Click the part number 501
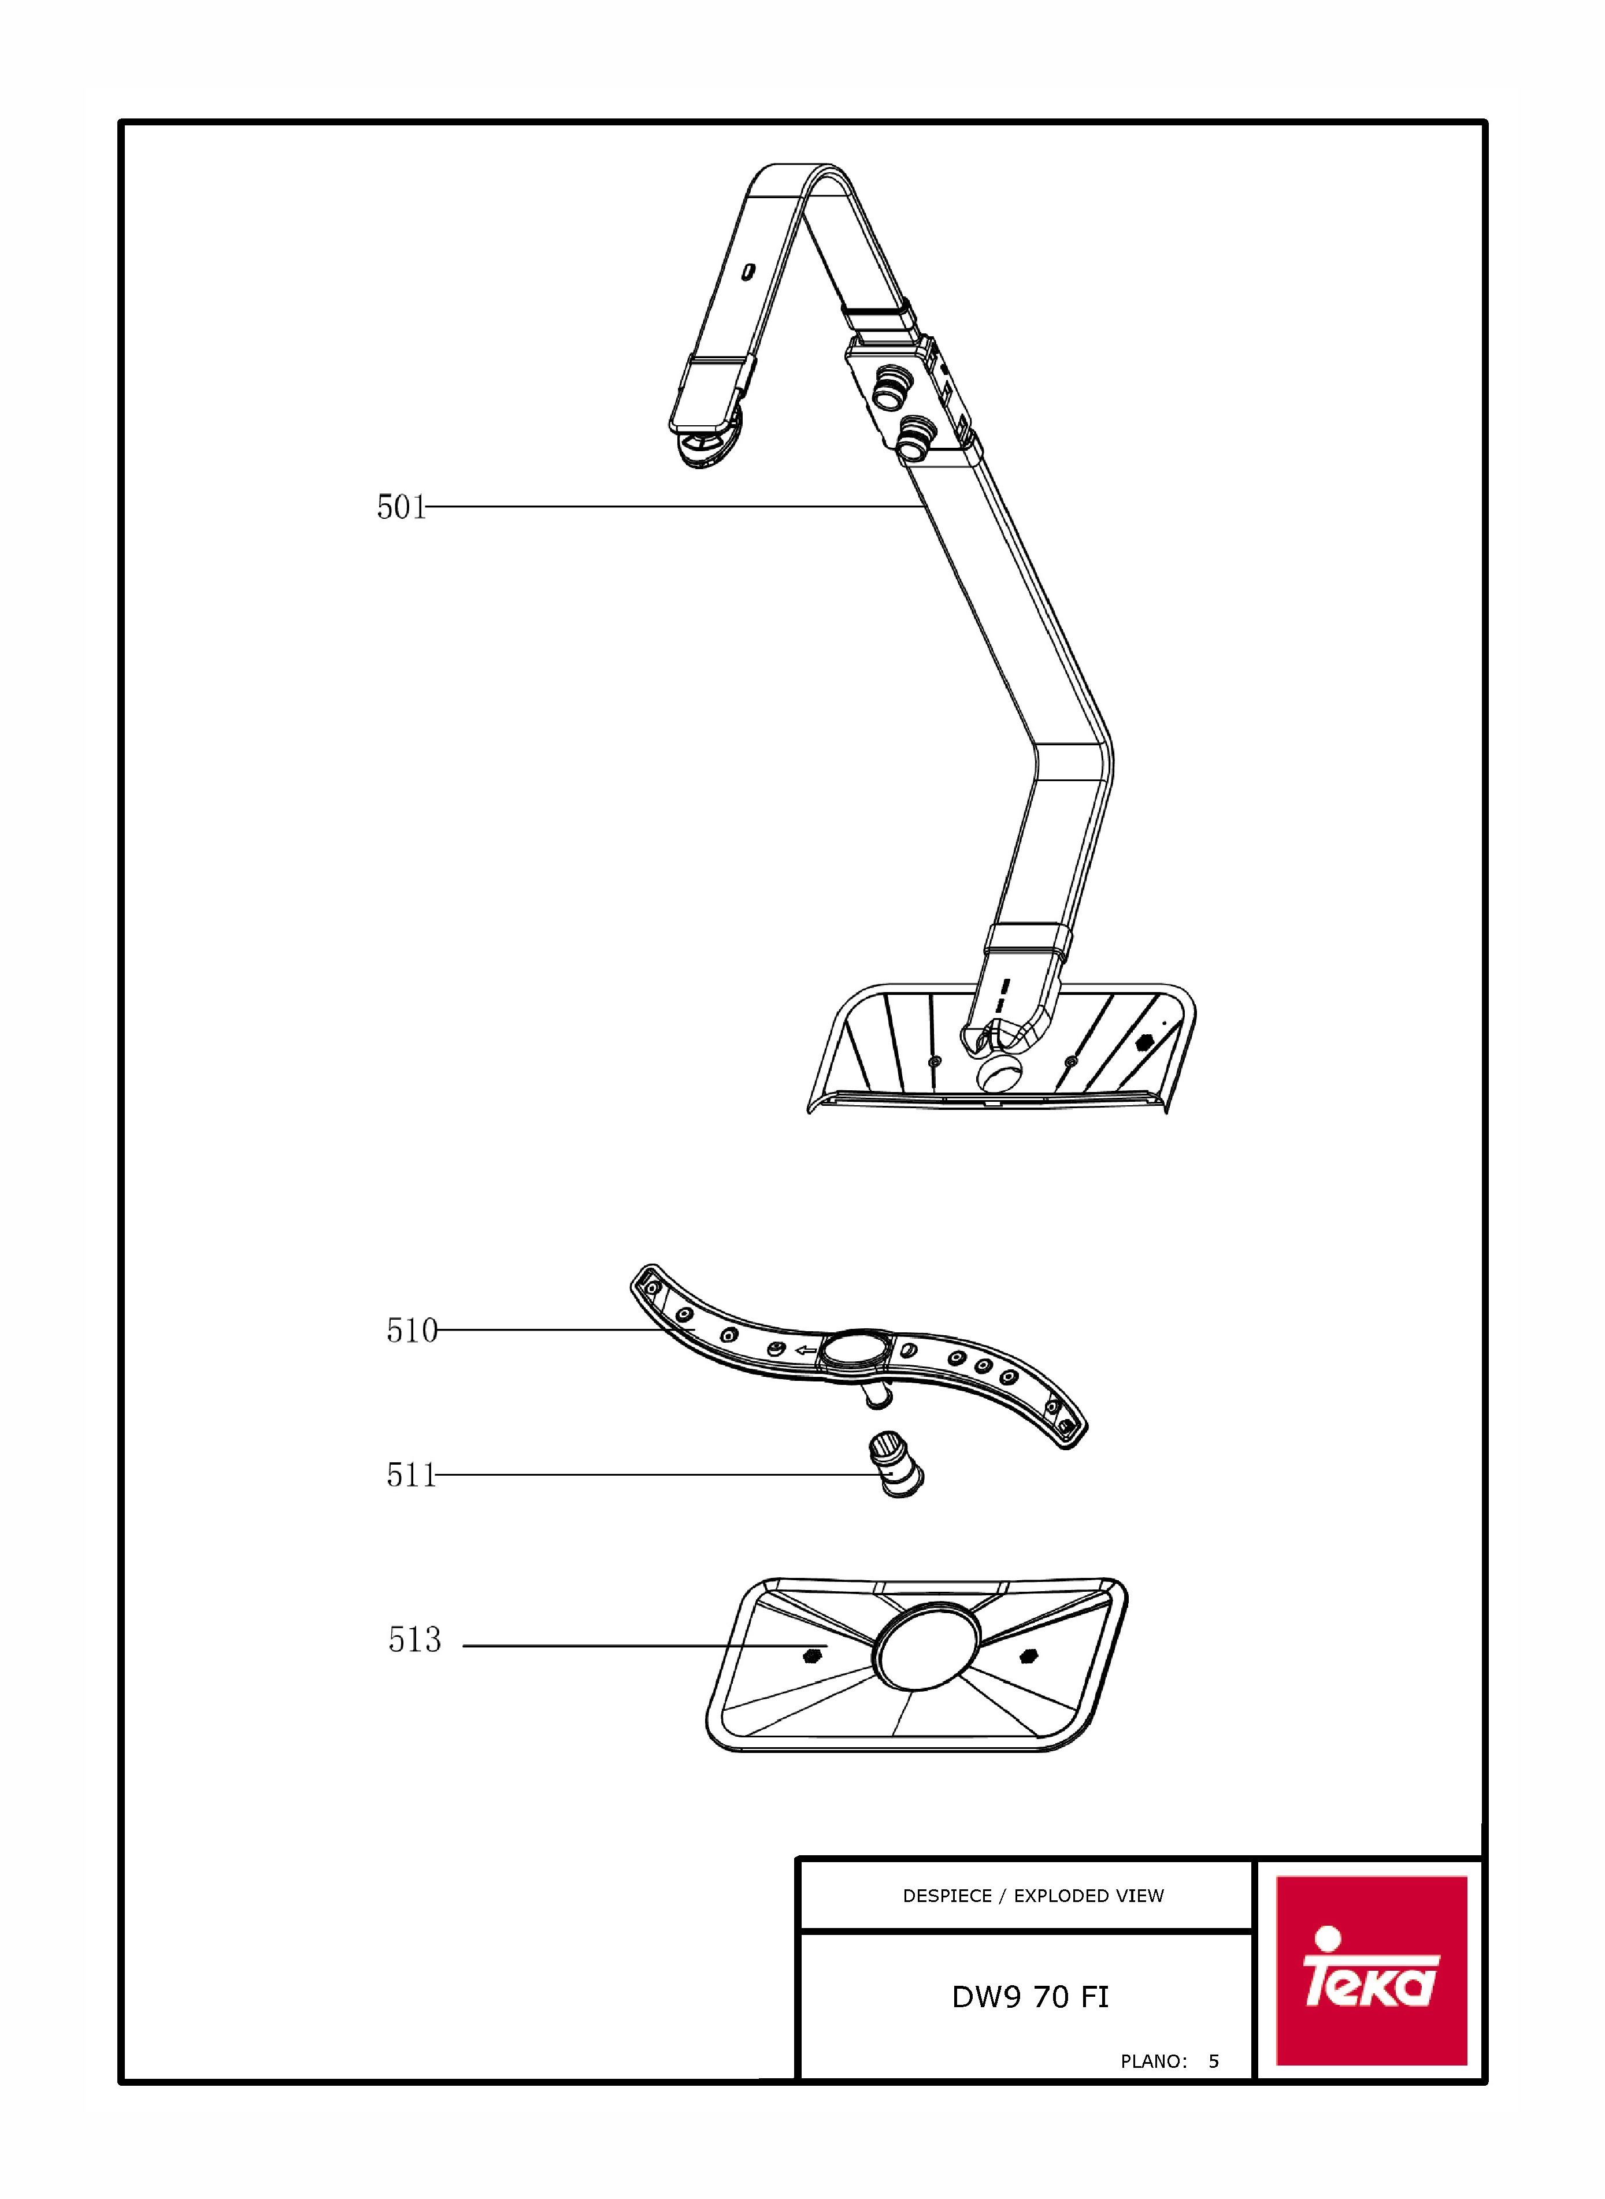click(401, 507)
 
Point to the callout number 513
click(415, 1640)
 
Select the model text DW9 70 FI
click(1030, 1997)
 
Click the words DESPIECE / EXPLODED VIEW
click(1033, 1895)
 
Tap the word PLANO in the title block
click(1153, 2061)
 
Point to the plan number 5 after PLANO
click(1214, 2061)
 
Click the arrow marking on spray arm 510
click(806, 1350)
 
